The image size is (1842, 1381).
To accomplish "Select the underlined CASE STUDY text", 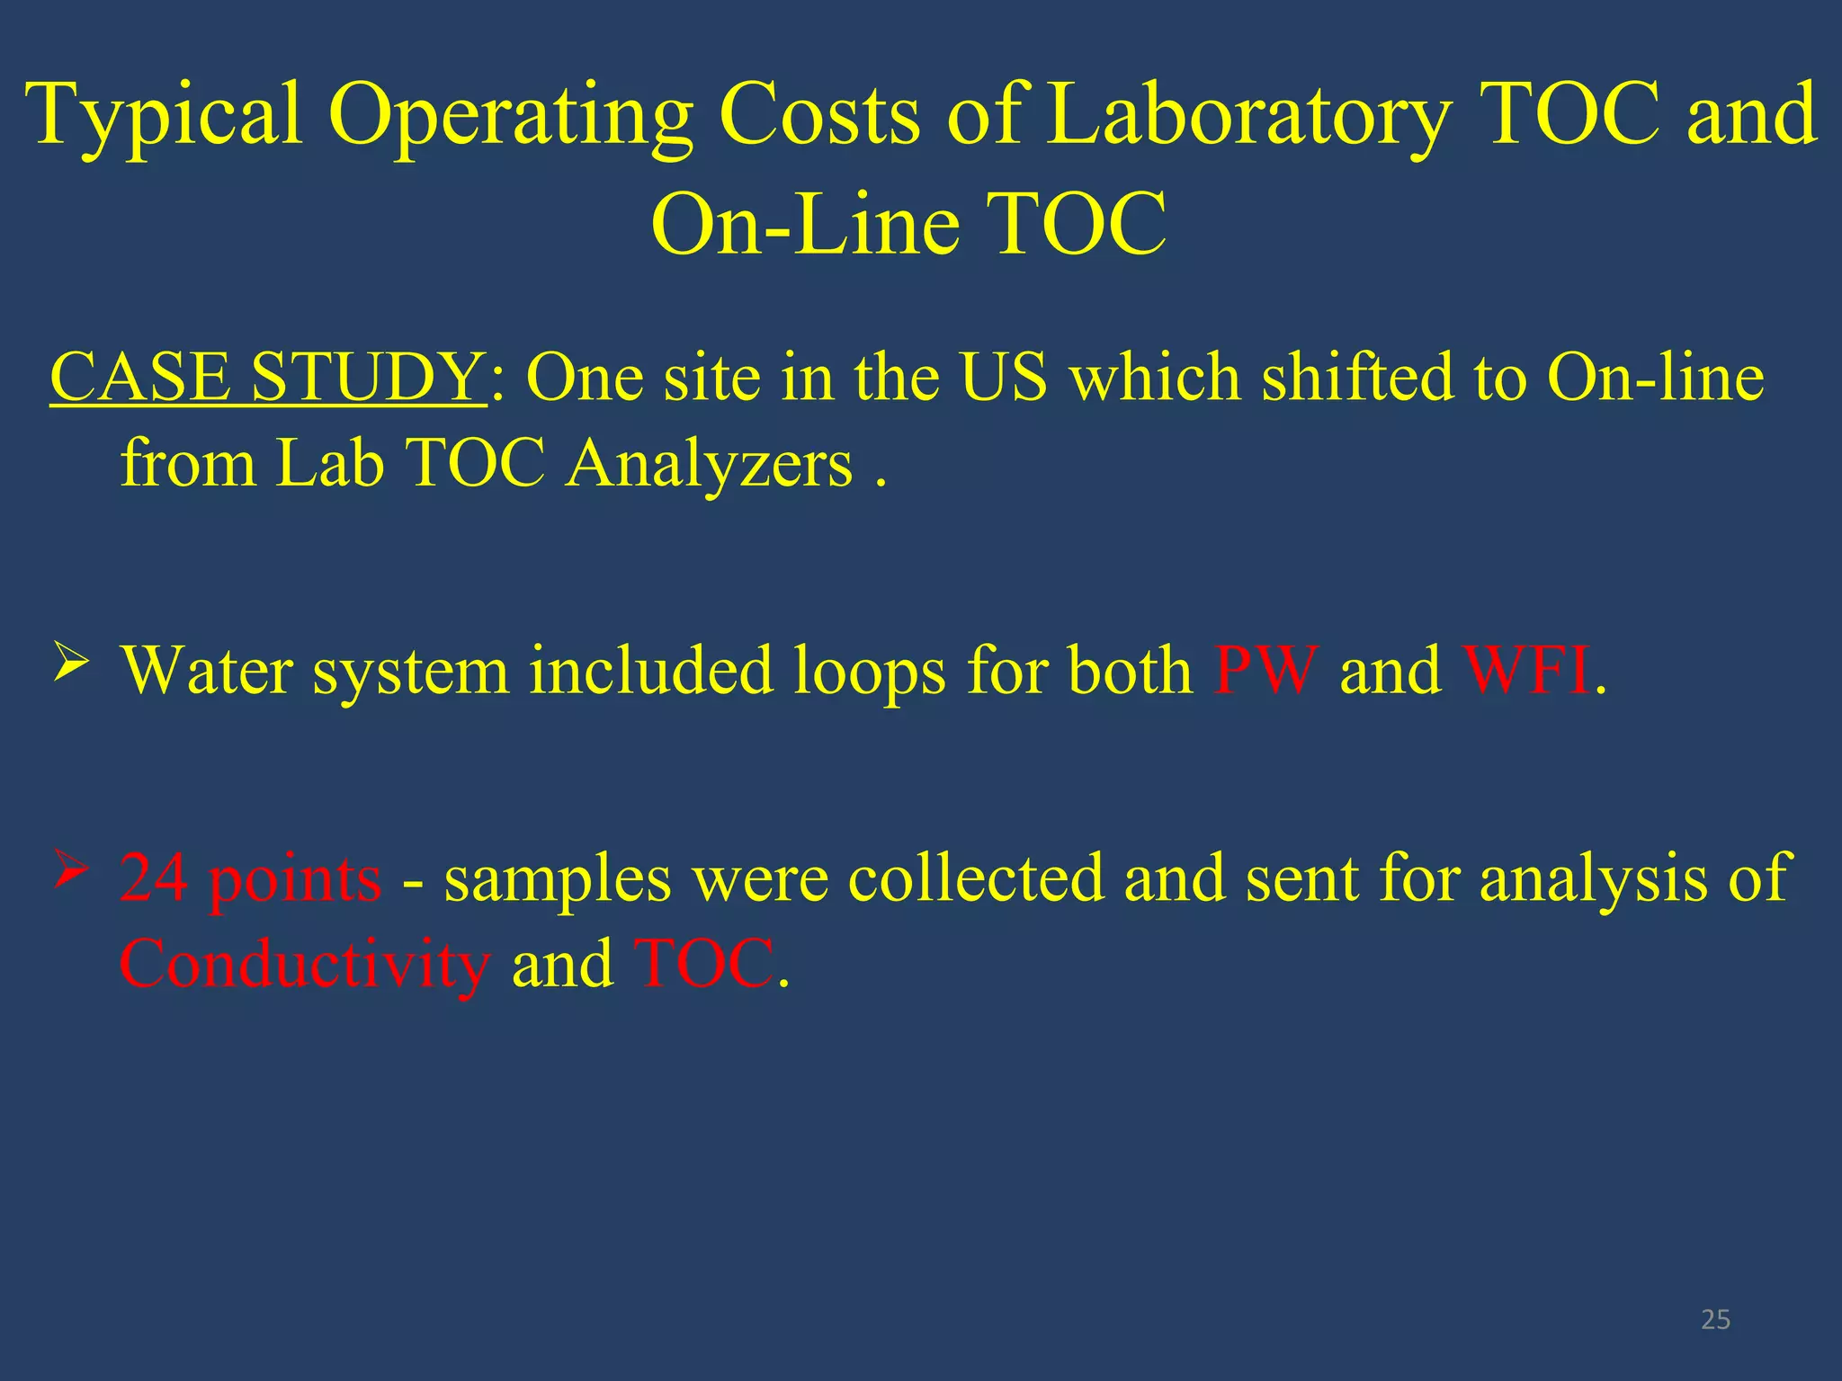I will point(267,376).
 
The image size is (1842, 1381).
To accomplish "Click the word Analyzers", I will point(709,464).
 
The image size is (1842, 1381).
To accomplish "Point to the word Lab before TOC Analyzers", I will point(329,464).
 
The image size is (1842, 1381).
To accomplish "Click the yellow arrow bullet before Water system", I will point(71,663).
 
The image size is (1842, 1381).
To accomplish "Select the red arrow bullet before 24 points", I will point(71,869).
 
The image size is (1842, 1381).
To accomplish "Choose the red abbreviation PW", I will point(1265,670).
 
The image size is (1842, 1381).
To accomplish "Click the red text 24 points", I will point(250,878).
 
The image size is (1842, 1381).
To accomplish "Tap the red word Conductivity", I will point(305,964).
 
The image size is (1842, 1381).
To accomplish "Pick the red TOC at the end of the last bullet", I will point(703,963).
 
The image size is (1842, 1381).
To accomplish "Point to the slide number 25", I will point(1715,1319).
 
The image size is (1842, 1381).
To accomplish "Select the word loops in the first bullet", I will point(869,671).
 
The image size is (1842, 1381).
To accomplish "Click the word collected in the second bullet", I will point(975,878).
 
